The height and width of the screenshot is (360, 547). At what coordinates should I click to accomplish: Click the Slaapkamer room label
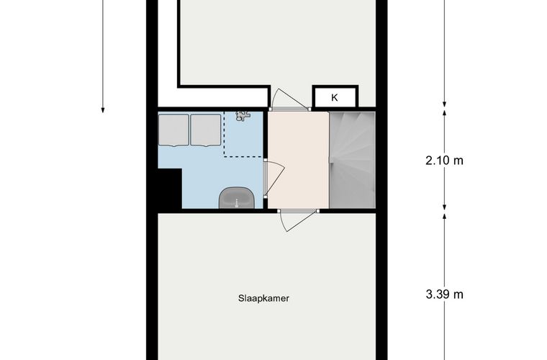pos(265,297)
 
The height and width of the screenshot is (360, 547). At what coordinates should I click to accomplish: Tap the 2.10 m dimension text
pos(444,161)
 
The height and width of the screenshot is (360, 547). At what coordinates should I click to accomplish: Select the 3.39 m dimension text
pos(444,294)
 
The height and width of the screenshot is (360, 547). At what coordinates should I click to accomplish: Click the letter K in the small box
pos(334,97)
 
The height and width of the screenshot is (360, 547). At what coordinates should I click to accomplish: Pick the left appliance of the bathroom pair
pos(173,129)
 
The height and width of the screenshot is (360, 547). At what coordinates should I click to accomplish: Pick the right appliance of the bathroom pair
pos(206,129)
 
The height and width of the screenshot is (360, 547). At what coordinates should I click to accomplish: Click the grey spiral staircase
pos(352,158)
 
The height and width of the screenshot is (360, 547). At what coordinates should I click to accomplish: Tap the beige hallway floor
pos(297,158)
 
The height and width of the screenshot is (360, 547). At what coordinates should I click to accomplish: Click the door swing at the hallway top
pos(282,99)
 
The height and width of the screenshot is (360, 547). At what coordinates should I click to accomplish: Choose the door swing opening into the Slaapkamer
pos(297,220)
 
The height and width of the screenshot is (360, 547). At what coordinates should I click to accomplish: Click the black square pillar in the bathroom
pos(170,188)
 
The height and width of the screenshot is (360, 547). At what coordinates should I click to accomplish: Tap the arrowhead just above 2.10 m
pos(444,112)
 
